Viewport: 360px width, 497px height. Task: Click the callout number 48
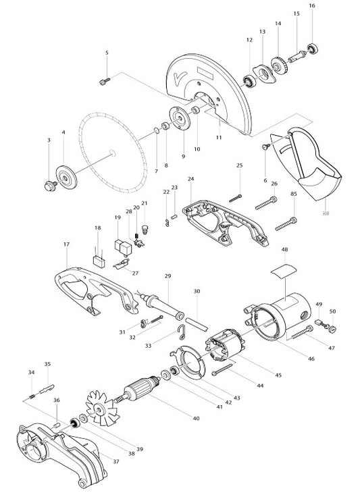point(284,249)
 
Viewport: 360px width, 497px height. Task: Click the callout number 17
point(66,244)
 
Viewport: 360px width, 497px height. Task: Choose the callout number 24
point(191,179)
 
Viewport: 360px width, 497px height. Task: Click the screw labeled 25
point(235,197)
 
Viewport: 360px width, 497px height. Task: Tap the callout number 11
point(218,137)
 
